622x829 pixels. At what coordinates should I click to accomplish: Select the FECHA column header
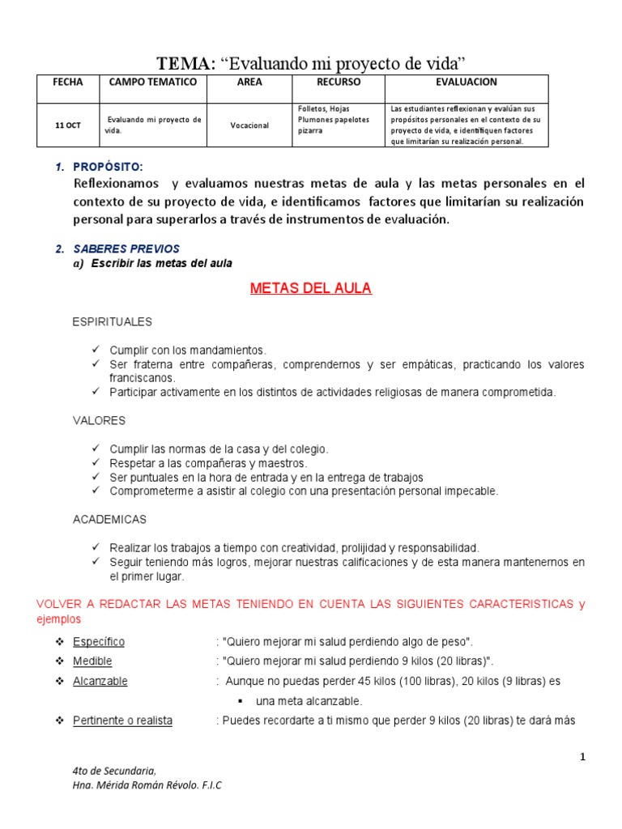point(68,83)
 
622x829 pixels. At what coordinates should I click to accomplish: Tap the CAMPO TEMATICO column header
point(153,83)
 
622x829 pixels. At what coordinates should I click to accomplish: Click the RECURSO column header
point(338,83)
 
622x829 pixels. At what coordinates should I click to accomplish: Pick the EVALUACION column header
point(466,83)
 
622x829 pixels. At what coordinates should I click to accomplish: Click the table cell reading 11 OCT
point(68,125)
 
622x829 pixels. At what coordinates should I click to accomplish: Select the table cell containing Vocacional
point(249,125)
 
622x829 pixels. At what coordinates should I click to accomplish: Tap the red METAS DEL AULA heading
point(311,289)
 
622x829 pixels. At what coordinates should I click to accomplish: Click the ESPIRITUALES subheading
point(113,322)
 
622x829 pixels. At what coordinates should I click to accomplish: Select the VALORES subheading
point(99,421)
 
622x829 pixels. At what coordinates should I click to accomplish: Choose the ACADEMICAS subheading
point(109,519)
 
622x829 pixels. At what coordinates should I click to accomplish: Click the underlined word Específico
point(99,641)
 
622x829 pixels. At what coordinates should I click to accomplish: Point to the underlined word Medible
point(92,661)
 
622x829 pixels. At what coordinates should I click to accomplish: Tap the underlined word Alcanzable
point(100,681)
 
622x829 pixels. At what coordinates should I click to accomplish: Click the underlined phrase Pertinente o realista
point(122,720)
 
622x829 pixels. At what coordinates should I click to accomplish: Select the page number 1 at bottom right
point(582,757)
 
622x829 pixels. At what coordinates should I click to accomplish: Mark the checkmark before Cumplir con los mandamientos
point(95,350)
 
